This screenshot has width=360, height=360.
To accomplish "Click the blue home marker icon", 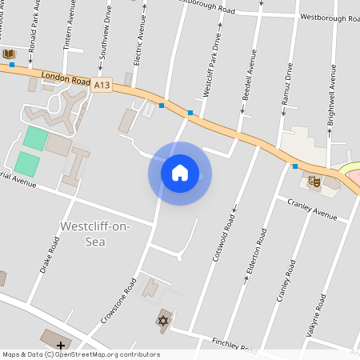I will tap(180, 173).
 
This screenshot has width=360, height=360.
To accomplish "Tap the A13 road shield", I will tap(101, 84).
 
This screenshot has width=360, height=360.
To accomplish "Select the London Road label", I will tap(61, 77).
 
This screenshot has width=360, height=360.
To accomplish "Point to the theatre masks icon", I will tap(314, 182).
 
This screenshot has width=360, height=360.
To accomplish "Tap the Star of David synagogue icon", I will tap(164, 321).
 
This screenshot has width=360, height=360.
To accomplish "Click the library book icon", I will tap(9, 54).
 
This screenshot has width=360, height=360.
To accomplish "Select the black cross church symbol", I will tap(61, 346).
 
